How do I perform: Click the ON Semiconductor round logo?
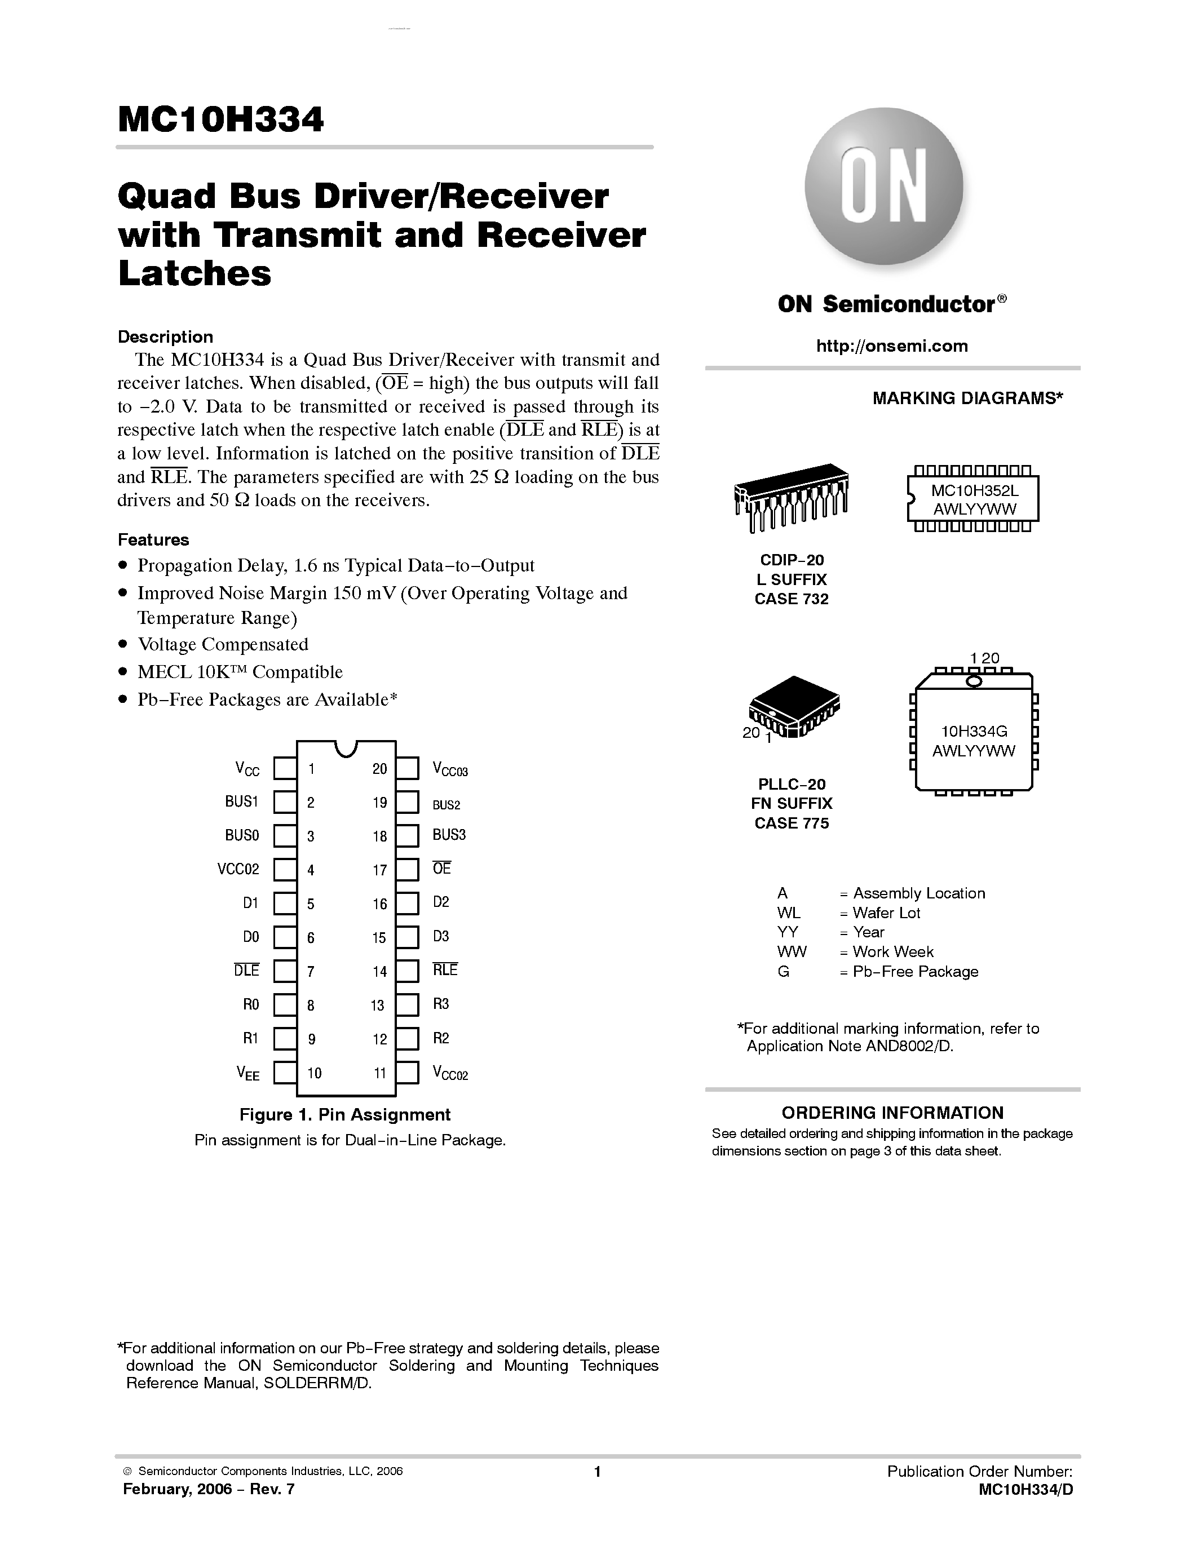tap(883, 187)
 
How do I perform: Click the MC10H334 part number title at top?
tap(221, 120)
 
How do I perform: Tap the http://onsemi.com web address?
tap(891, 346)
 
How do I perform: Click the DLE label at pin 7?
tap(246, 970)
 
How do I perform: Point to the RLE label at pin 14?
tap(445, 969)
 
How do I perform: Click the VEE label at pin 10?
tap(247, 1074)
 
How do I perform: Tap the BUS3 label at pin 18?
tap(449, 835)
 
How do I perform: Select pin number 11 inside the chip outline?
tap(380, 1073)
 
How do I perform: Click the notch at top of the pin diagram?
tap(346, 747)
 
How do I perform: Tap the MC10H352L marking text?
tap(974, 490)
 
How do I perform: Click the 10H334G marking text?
tap(974, 731)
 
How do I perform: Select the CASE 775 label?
tap(792, 823)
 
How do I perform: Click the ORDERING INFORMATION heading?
tap(892, 1112)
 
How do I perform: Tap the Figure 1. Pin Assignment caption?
tap(345, 1114)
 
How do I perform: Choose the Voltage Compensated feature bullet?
tap(223, 644)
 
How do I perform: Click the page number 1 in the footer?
tap(597, 1471)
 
